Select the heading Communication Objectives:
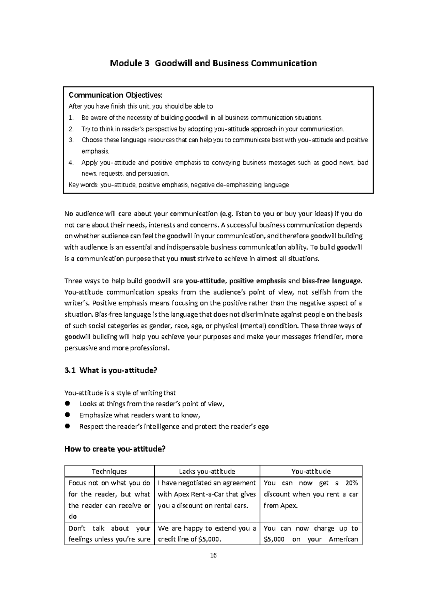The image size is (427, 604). [x=115, y=95]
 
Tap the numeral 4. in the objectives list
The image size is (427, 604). [x=71, y=163]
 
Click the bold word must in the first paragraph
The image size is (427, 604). [x=188, y=259]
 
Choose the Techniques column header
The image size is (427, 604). [x=109, y=471]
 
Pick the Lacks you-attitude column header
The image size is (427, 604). [x=207, y=471]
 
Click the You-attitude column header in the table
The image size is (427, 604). [x=311, y=471]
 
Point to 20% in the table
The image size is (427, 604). [x=352, y=483]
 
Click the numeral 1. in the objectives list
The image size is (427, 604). [x=71, y=118]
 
